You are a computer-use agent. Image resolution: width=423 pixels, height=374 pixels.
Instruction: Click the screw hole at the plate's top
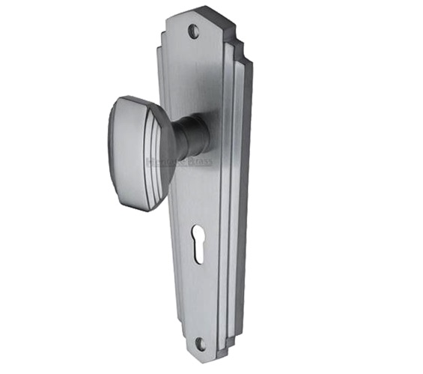coord(195,32)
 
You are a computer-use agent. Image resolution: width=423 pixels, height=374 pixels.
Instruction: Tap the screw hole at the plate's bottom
coord(199,343)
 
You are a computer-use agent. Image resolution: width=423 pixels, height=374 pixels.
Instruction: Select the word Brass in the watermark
coord(198,161)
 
